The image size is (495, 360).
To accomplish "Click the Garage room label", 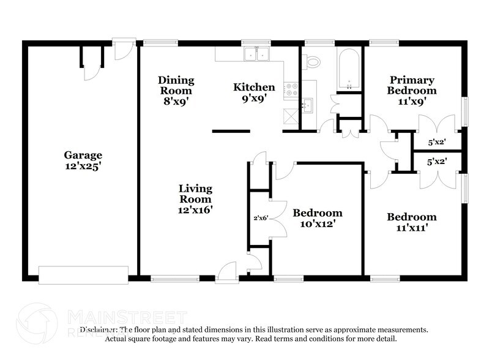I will click(83, 155).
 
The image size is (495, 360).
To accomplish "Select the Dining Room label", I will click(176, 86).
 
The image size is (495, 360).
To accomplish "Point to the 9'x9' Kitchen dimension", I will click(254, 98).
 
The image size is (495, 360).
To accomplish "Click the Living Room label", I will click(195, 193).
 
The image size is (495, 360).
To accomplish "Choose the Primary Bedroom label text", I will click(412, 85).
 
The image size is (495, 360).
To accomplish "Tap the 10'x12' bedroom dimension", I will click(317, 224).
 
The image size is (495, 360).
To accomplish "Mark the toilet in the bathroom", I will click(313, 61).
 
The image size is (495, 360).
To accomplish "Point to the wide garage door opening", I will click(83, 274).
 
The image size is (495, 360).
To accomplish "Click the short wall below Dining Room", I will click(231, 131).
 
